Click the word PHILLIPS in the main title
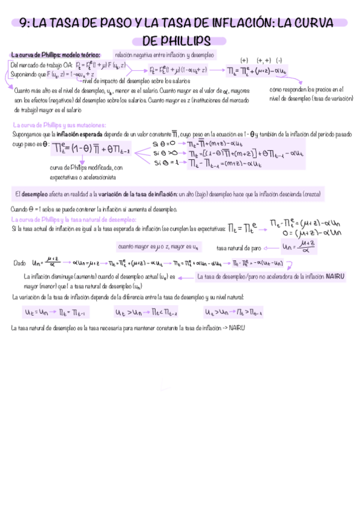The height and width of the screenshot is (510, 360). pos(180,40)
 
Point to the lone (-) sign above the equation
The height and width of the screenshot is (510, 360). pos(280,61)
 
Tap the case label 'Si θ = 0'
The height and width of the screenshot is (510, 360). pos(164,144)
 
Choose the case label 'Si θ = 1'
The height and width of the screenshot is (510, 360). pos(164,162)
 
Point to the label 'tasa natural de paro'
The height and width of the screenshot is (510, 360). pos(239,247)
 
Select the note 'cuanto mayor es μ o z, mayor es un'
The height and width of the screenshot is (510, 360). pos(158,247)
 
